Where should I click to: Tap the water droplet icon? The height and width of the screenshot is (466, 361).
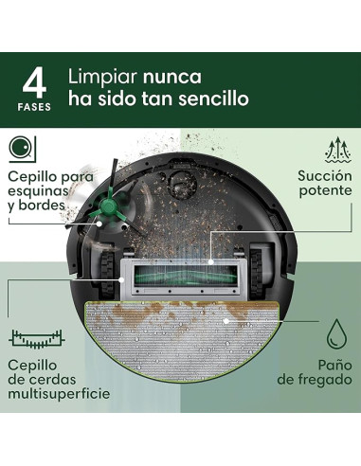(x=336, y=336)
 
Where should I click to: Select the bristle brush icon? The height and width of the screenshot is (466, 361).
(x=36, y=336)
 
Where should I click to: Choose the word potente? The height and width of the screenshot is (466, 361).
(x=323, y=193)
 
